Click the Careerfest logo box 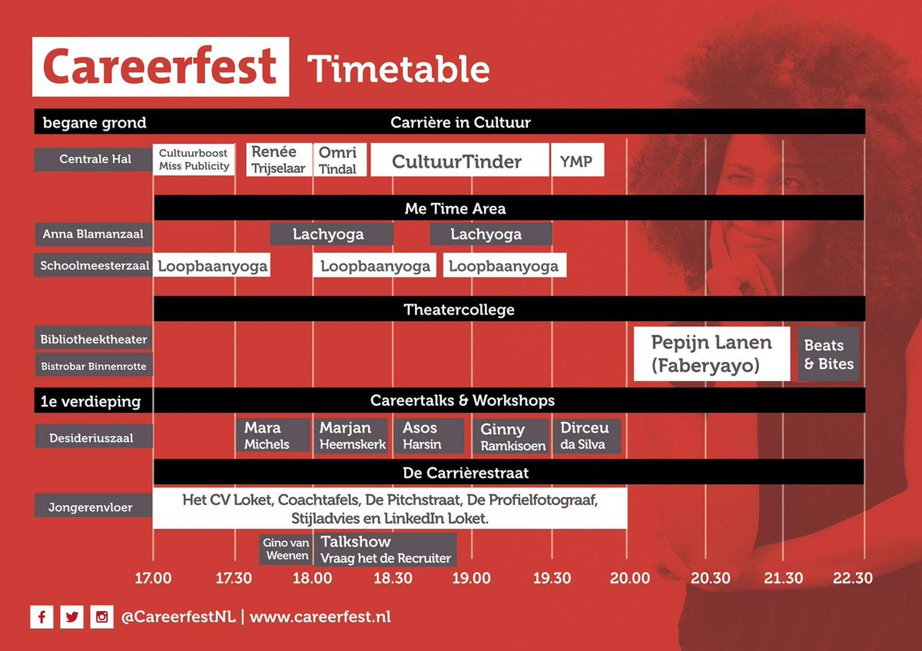[160, 67]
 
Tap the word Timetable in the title [398, 69]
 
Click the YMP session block [577, 160]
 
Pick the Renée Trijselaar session [278, 160]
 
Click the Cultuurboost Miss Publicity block [194, 160]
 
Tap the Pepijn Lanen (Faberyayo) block [711, 354]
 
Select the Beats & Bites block [828, 354]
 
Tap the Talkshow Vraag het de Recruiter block [385, 550]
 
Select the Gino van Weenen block [286, 550]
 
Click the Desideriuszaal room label [94, 438]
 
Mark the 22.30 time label [853, 578]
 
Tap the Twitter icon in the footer [71, 616]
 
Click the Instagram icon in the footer [101, 616]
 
